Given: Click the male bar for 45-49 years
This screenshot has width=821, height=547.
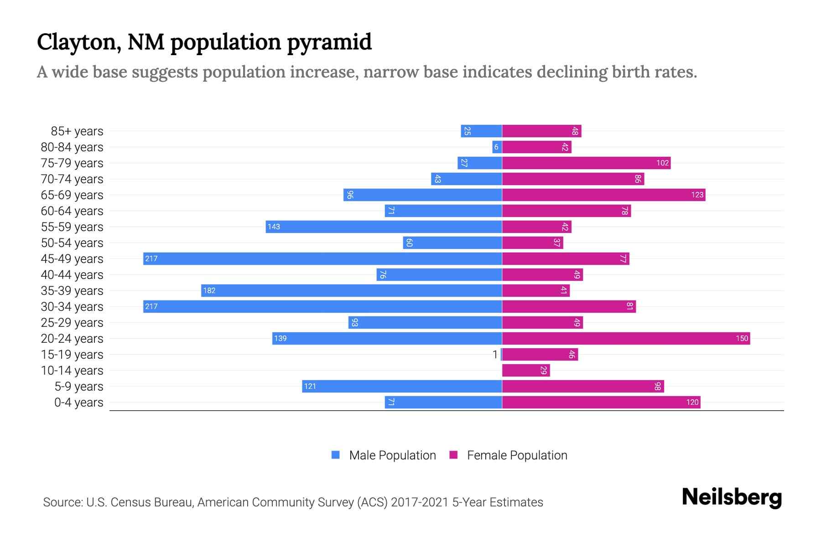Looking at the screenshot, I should click(x=322, y=259).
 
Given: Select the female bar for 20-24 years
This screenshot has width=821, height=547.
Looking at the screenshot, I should click(x=626, y=339).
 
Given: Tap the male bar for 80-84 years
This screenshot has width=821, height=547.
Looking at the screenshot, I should click(x=497, y=147).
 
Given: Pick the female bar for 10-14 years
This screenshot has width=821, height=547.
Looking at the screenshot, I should click(x=526, y=371).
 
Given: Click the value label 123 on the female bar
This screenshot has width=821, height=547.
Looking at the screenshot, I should click(x=697, y=195).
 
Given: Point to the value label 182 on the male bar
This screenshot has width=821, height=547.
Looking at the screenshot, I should click(x=209, y=291).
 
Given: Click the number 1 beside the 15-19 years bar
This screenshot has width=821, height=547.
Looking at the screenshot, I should click(x=495, y=355).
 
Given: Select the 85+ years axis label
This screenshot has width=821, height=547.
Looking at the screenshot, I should click(x=77, y=131).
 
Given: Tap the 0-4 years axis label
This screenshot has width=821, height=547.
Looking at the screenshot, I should click(x=78, y=403).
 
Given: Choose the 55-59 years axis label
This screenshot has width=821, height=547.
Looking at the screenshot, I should click(x=72, y=227).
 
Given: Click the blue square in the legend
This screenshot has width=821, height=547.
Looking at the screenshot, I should click(x=336, y=455).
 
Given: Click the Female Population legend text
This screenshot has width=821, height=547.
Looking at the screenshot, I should click(x=517, y=455).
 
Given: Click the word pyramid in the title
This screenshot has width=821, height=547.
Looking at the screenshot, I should click(x=329, y=42).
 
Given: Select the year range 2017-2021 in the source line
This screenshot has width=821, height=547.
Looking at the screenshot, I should click(x=420, y=502).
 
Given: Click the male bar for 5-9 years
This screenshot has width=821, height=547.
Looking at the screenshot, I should click(x=402, y=387).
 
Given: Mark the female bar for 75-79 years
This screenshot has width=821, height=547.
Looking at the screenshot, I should click(x=586, y=163).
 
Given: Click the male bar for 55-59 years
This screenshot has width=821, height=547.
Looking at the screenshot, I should click(x=384, y=227).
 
